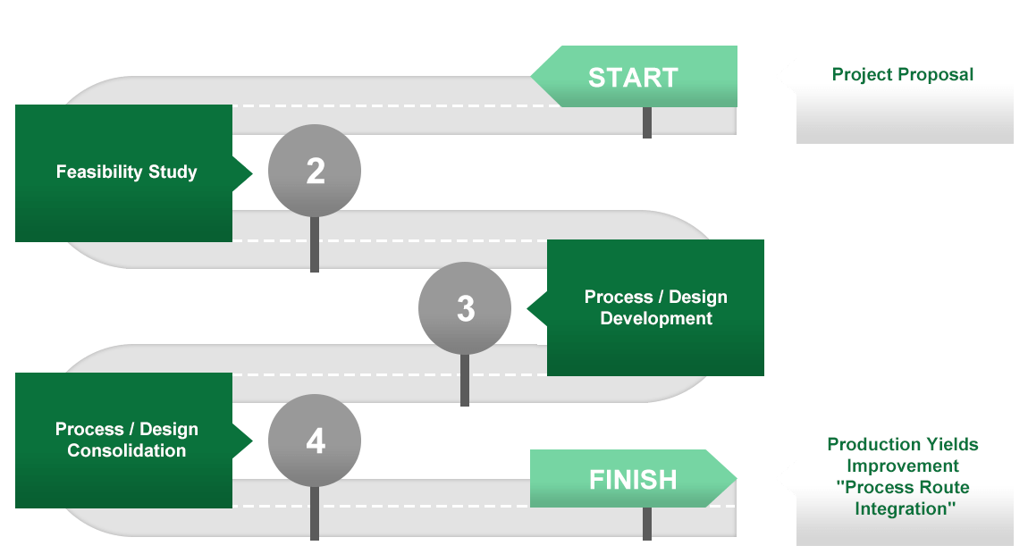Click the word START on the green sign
click(x=633, y=78)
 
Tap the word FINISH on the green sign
click(x=633, y=480)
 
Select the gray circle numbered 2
click(x=315, y=171)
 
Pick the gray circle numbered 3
click(x=465, y=308)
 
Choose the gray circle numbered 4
click(x=315, y=441)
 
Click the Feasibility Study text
click(x=127, y=172)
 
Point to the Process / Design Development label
click(x=655, y=307)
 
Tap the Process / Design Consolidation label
click(x=127, y=440)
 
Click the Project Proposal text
click(x=902, y=75)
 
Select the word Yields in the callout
click(x=949, y=444)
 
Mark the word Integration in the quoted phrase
click(x=900, y=508)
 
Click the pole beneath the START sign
click(x=647, y=122)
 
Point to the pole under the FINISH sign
click(x=647, y=524)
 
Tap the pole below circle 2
click(x=315, y=244)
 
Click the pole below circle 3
click(x=465, y=381)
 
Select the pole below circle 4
click(x=315, y=514)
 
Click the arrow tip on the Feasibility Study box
click(x=252, y=173)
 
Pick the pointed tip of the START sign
click(x=531, y=77)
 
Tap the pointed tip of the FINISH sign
click(x=737, y=479)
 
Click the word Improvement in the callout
click(x=903, y=466)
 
